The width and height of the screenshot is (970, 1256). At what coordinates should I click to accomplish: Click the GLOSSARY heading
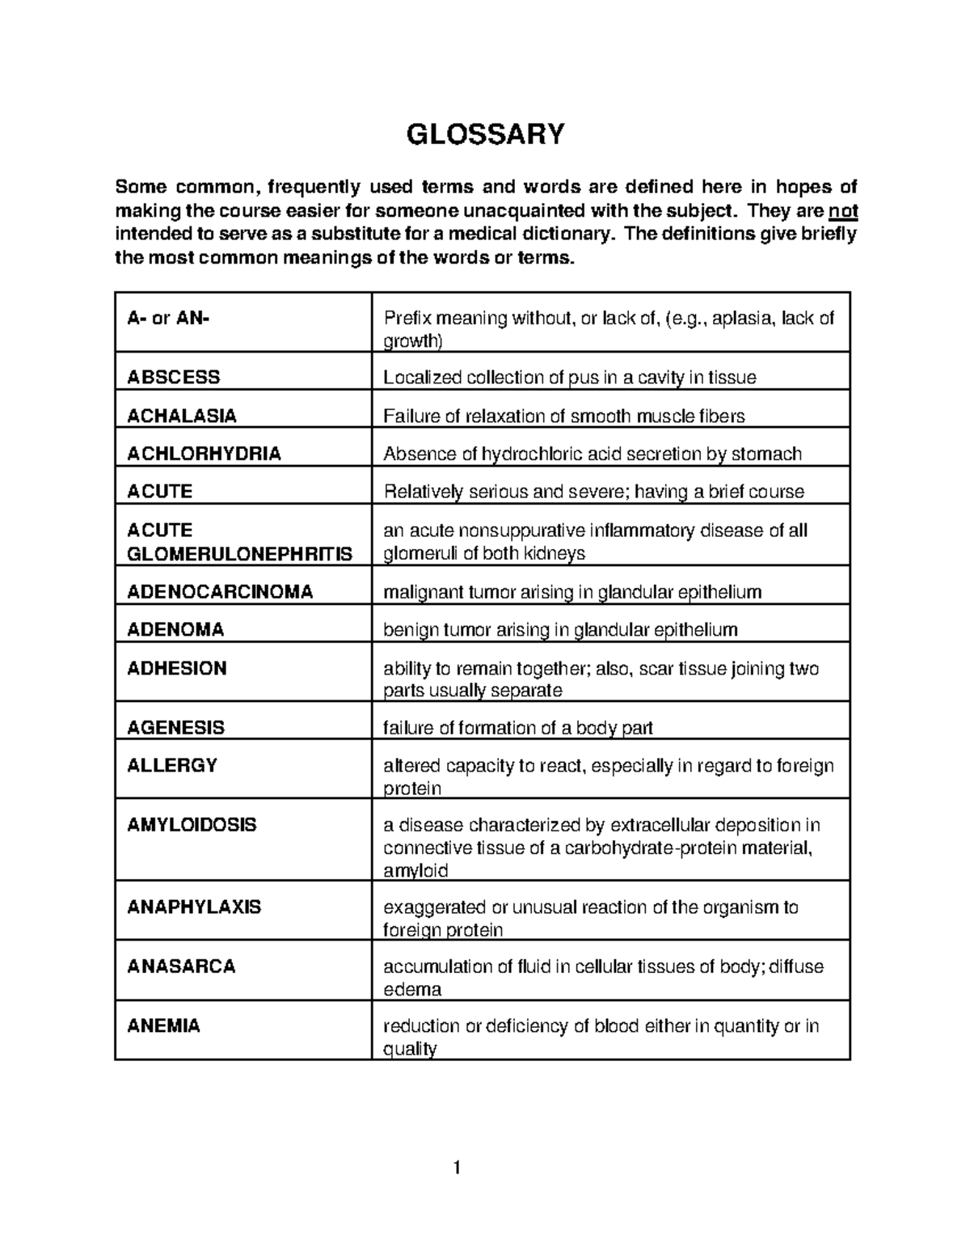[x=485, y=133]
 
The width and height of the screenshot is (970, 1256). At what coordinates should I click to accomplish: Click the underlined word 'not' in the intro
[x=844, y=212]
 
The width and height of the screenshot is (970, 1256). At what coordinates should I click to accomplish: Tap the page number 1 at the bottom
[x=457, y=1167]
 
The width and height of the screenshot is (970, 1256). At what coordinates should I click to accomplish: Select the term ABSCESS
[x=173, y=378]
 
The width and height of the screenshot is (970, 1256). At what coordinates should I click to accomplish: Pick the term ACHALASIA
[x=181, y=416]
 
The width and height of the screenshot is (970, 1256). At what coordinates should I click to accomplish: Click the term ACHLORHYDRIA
[x=204, y=454]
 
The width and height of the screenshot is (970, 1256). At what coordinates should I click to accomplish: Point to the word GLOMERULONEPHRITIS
[x=239, y=554]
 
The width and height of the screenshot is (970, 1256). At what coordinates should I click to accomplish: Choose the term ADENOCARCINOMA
[x=220, y=592]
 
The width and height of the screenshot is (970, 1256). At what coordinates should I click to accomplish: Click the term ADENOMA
[x=175, y=629]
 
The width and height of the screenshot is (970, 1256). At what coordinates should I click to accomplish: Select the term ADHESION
[x=176, y=668]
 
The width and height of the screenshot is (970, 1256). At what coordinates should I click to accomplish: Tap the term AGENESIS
[x=175, y=727]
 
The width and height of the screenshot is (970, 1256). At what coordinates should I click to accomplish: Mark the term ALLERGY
[x=172, y=765]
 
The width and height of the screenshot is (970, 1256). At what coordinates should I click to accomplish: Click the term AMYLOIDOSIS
[x=192, y=825]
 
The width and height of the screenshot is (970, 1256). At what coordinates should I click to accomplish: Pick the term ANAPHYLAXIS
[x=194, y=907]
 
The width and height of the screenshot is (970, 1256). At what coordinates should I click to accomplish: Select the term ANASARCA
[x=181, y=966]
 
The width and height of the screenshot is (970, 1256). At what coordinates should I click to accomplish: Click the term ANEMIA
[x=163, y=1026]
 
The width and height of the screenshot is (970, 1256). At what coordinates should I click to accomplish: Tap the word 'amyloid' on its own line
[x=415, y=871]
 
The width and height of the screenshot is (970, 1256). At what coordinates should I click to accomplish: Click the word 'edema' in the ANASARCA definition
[x=411, y=990]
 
